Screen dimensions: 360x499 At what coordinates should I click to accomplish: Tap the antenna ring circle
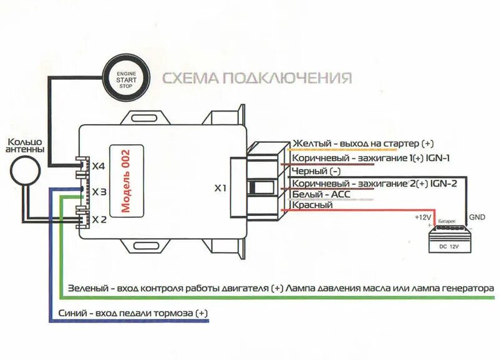click(x=26, y=170)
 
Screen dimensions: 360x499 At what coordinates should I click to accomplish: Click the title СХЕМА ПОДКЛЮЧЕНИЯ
click(x=257, y=78)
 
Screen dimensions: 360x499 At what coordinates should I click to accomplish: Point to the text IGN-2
click(x=443, y=183)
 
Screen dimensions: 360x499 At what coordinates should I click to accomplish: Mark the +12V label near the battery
click(x=422, y=217)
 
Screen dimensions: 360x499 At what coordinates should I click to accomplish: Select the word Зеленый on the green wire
click(x=85, y=289)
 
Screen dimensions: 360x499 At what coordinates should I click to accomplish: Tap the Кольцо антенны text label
click(x=25, y=145)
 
